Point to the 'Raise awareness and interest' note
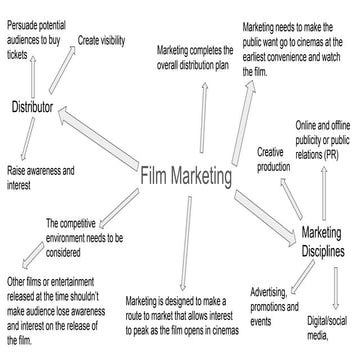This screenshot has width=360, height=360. [40, 177]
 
